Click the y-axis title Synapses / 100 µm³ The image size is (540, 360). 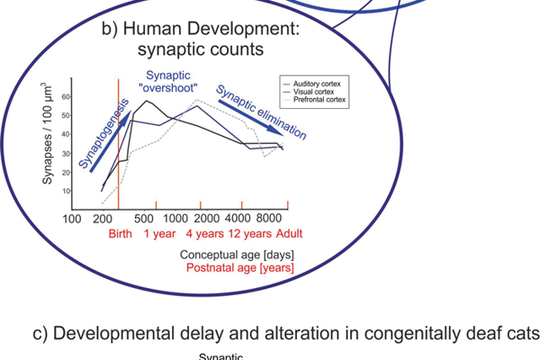(x=48, y=132)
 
